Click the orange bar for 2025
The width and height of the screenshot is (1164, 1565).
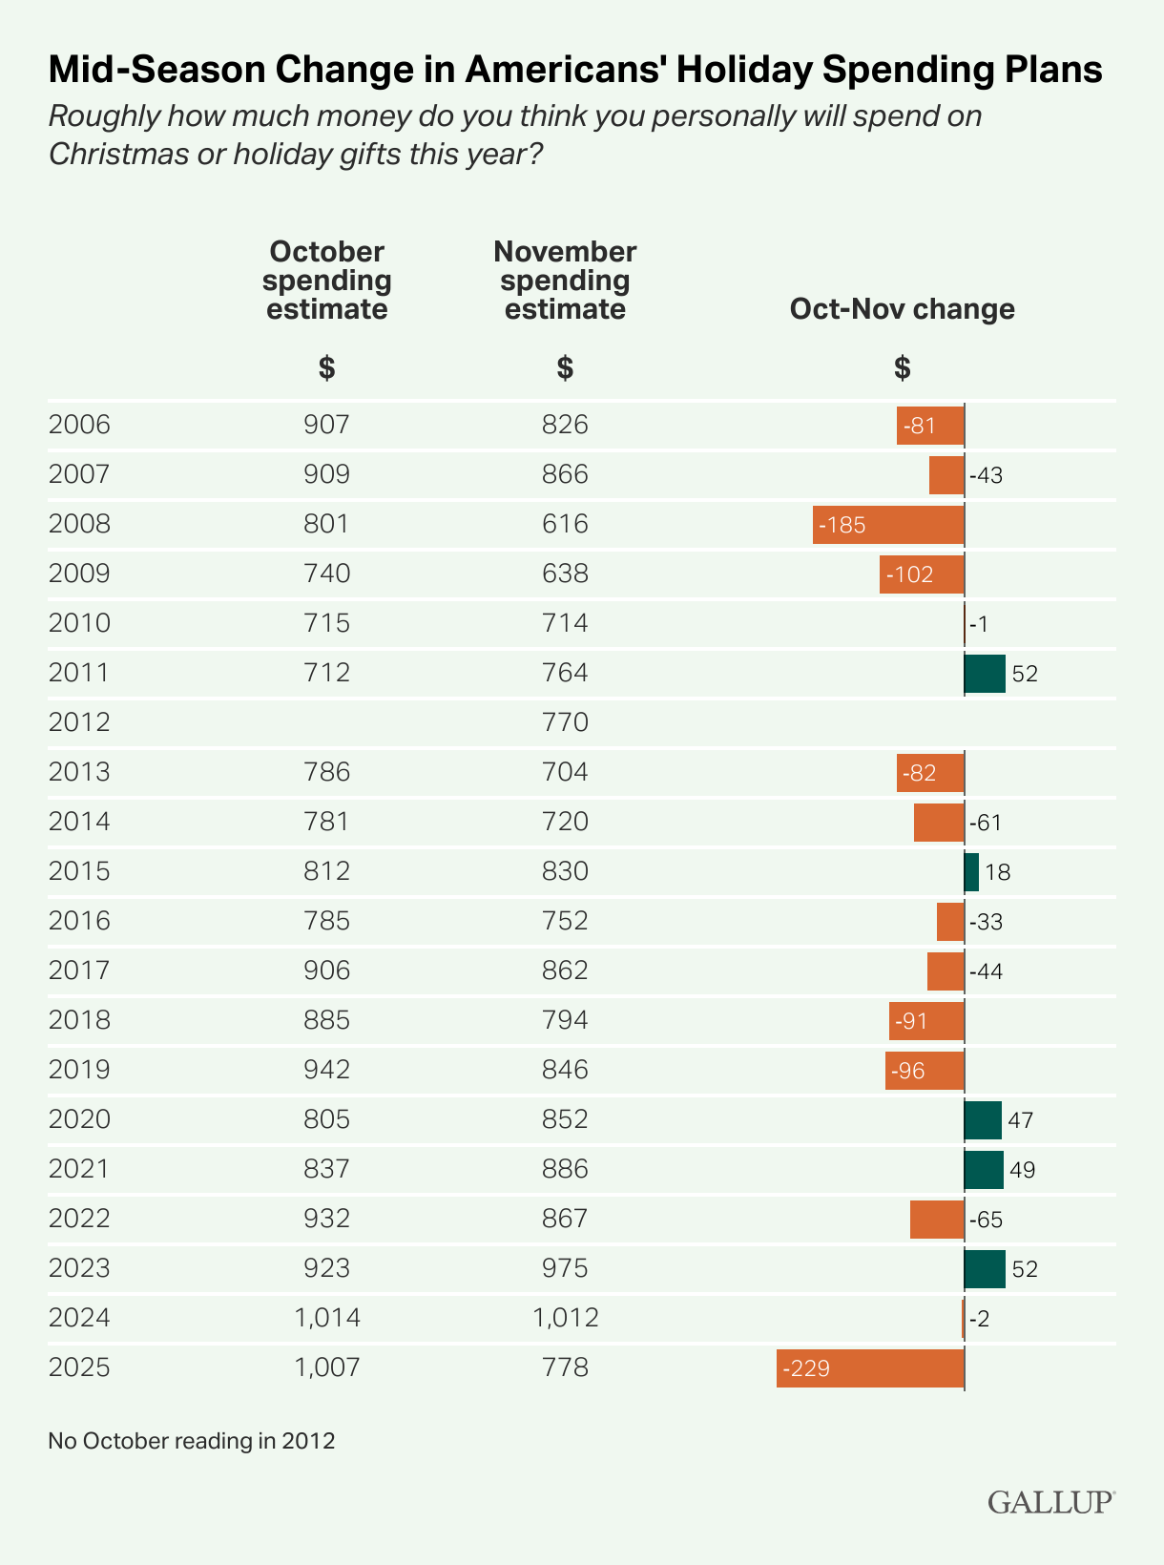870,1368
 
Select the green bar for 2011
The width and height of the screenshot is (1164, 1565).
985,674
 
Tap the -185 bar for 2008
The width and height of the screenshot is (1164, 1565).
888,525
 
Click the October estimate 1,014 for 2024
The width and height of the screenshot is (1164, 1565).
327,1319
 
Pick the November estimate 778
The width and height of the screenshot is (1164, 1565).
565,1368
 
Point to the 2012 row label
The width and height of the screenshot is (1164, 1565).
79,722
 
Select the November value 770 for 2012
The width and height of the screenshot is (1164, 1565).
565,722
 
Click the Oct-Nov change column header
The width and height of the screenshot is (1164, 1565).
902,309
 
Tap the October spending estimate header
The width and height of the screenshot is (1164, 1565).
327,281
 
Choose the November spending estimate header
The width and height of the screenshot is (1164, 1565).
565,281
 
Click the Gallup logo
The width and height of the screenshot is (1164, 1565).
1050,1502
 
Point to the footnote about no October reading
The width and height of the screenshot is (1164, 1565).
192,1440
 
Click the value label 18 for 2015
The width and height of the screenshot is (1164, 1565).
998,872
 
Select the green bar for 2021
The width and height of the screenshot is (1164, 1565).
984,1170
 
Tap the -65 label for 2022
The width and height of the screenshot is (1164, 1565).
987,1220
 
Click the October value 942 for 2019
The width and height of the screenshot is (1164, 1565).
327,1070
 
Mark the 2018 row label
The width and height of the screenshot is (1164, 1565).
79,1020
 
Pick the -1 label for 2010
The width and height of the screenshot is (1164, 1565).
979,624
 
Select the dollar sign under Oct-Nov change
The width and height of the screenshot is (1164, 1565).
902,368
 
